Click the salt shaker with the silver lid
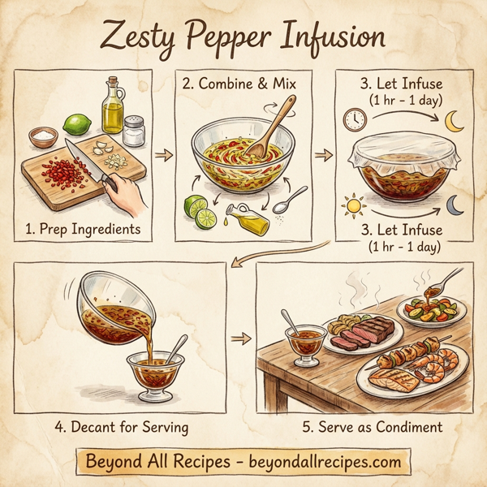tap(134, 130)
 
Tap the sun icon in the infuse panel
tap(353, 205)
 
